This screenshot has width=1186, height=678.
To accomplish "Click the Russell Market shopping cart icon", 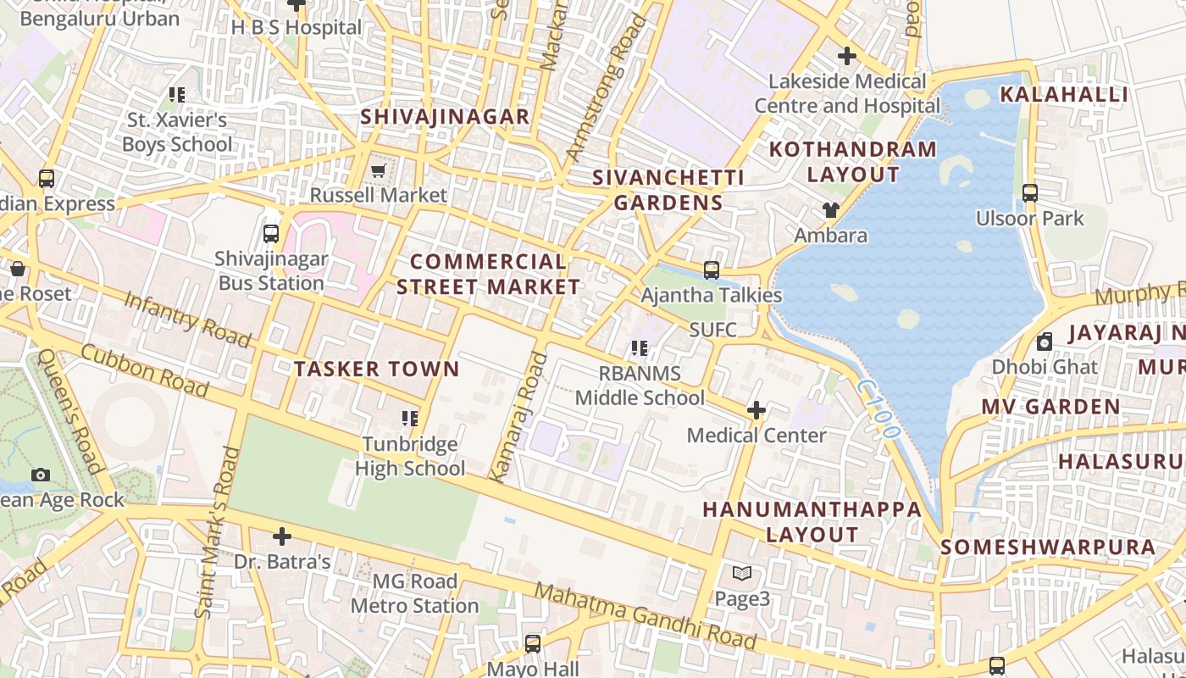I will pyautogui.click(x=379, y=170).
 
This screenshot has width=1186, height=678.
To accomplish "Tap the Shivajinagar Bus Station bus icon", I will pyautogui.click(x=271, y=234).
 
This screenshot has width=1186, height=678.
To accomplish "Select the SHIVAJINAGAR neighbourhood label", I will pyautogui.click(x=446, y=117).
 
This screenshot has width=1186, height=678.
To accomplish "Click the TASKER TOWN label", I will pyautogui.click(x=376, y=369).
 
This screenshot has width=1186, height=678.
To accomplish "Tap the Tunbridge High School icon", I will pyautogui.click(x=410, y=418).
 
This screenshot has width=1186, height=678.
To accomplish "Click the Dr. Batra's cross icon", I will pyautogui.click(x=282, y=536).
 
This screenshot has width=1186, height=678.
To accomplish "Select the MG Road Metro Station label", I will pyautogui.click(x=415, y=593).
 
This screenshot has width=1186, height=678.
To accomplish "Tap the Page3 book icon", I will pyautogui.click(x=742, y=574).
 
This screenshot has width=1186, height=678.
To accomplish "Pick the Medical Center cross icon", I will pyautogui.click(x=756, y=411).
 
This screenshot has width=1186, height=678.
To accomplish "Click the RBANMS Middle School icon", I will pyautogui.click(x=640, y=348).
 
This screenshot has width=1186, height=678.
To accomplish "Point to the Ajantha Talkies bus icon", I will pyautogui.click(x=712, y=270).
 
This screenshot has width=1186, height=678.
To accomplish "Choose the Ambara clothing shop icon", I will pyautogui.click(x=830, y=209).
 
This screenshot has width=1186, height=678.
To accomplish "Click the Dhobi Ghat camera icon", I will pyautogui.click(x=1045, y=342).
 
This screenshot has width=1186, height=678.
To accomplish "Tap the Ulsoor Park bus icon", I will pyautogui.click(x=1030, y=192).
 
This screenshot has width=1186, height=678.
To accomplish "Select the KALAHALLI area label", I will pyautogui.click(x=1064, y=94).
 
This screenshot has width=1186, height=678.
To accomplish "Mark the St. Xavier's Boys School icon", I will pyautogui.click(x=176, y=95).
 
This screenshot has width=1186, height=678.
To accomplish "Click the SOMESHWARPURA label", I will pyautogui.click(x=1048, y=547).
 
